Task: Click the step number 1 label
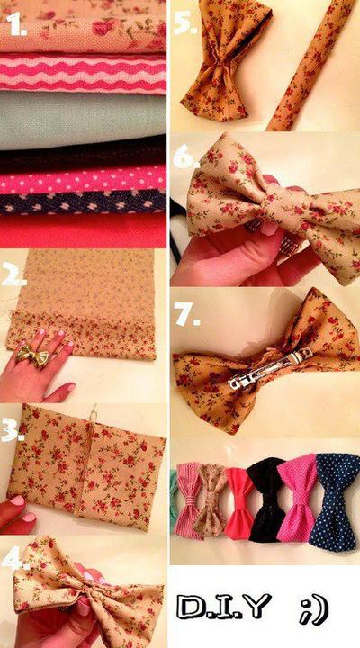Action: (x=16, y=25)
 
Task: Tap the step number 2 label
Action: (x=14, y=274)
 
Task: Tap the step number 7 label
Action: (x=187, y=316)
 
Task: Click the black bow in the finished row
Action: (x=267, y=499)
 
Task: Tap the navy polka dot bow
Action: (x=336, y=501)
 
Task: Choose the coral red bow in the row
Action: (x=239, y=503)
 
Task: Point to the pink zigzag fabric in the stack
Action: (x=83, y=73)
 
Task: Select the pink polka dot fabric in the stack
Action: (x=83, y=180)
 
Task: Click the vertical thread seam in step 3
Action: (x=86, y=461)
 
